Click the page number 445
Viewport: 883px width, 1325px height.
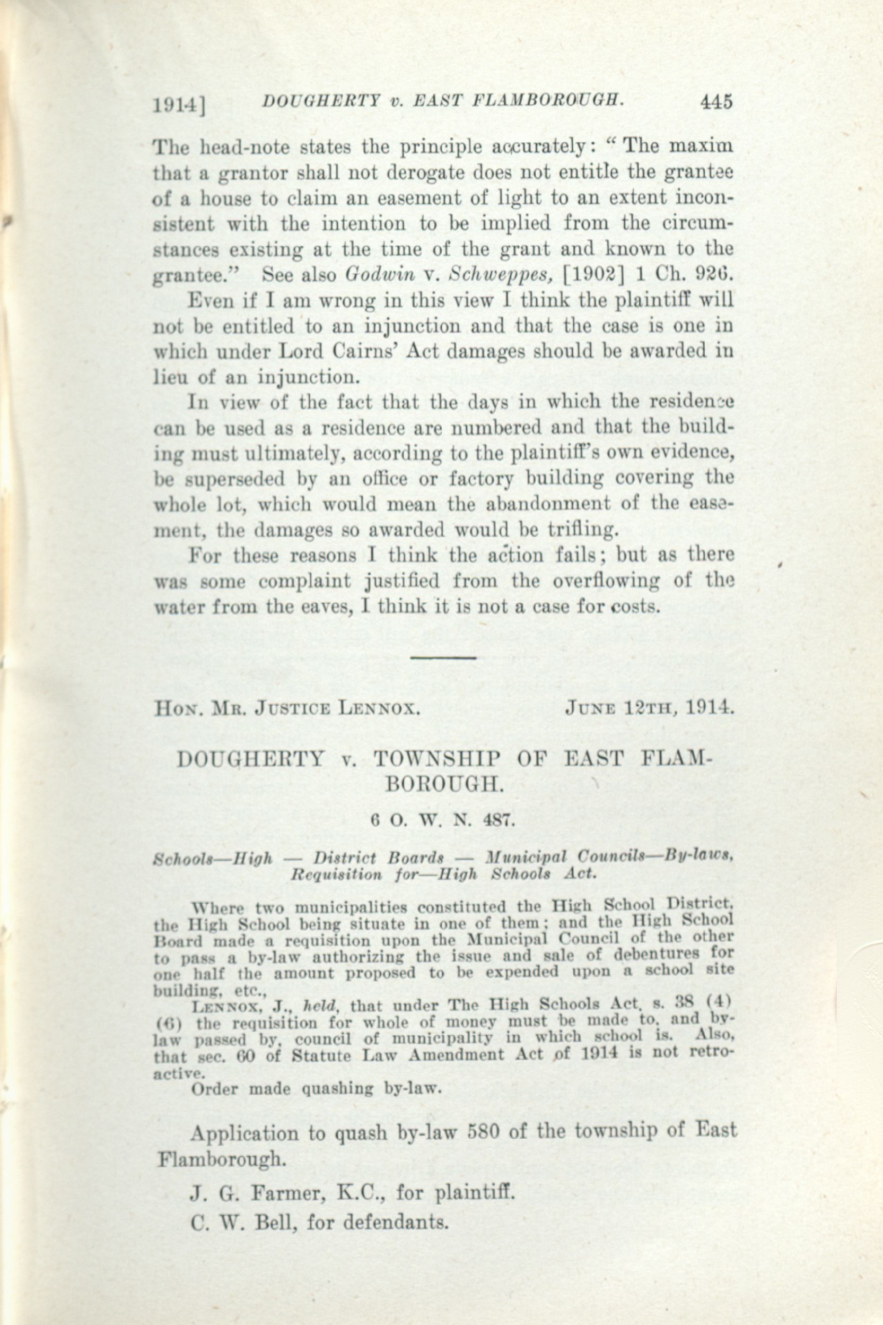[x=716, y=102]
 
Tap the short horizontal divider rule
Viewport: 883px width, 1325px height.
[x=444, y=657]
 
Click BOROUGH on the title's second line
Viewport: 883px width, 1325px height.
[x=444, y=785]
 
